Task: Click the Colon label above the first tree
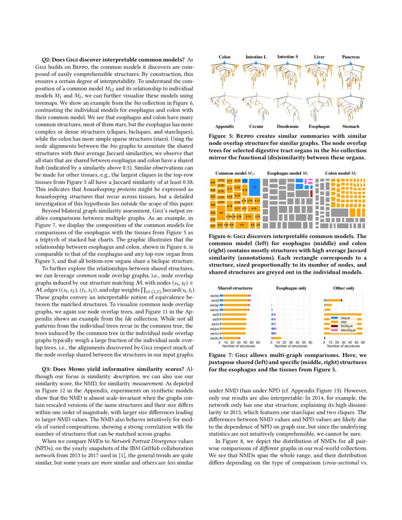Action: point(225,57)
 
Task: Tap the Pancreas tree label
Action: point(351,57)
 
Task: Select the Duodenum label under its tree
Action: point(287,127)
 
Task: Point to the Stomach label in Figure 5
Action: point(351,127)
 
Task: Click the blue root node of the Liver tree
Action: point(319,63)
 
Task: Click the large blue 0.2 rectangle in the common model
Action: point(254,187)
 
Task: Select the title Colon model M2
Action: point(341,173)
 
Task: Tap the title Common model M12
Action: point(235,173)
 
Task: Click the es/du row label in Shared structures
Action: point(214,338)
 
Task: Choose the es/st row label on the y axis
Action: point(214,301)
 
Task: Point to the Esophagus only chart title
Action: point(291,288)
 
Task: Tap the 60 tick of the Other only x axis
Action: point(362,342)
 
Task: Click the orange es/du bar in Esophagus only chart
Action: point(277,338)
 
